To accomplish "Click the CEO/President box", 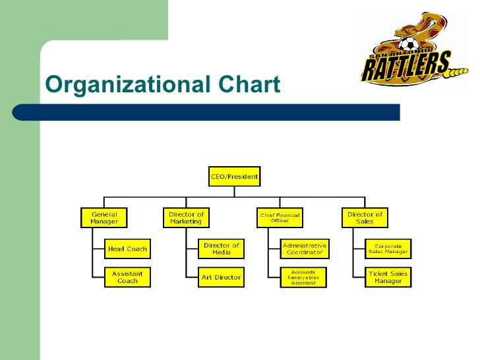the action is coord(234,176).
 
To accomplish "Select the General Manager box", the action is coord(104,218).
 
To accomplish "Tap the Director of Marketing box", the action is coord(187,218).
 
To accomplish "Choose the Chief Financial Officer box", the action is coord(279,218).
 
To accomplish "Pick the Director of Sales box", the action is coord(365,218).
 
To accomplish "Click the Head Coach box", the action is coord(128,249).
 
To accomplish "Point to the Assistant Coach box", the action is coord(128,277).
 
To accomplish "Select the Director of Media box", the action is coord(221,249).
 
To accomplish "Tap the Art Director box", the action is coord(221,277).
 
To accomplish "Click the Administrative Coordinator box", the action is coord(304,249).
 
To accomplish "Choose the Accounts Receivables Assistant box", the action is coord(303,277).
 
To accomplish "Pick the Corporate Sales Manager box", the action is coord(388,249).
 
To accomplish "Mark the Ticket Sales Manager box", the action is coord(388,277).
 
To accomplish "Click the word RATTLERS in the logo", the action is coord(405,65).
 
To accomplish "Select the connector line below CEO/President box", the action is coord(234,191).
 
